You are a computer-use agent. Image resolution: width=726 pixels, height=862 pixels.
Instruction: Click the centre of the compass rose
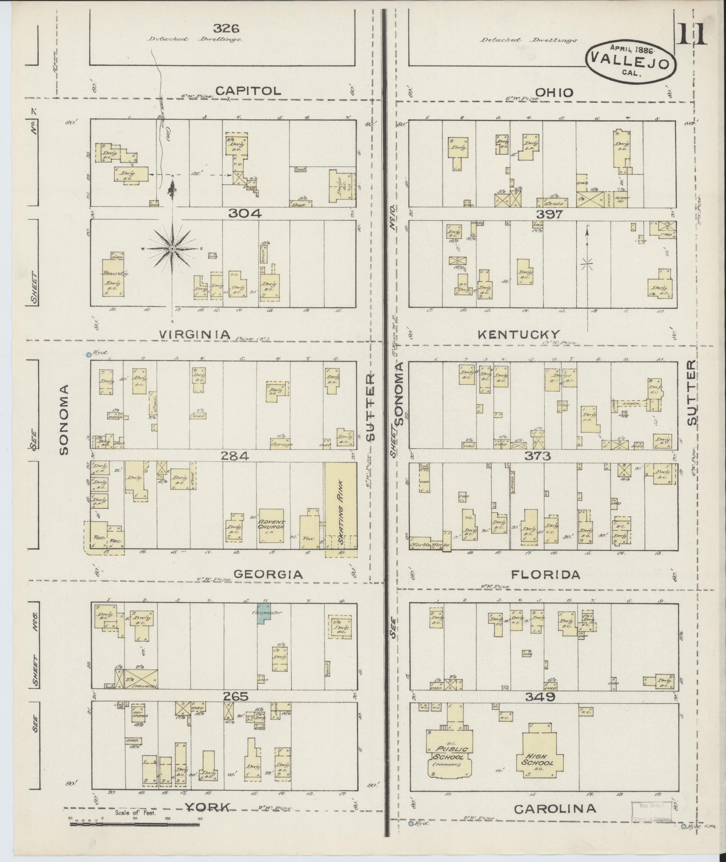coord(172,249)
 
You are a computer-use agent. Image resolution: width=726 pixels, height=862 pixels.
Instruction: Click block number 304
coord(244,214)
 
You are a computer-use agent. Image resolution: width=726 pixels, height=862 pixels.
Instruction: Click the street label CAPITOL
coord(248,91)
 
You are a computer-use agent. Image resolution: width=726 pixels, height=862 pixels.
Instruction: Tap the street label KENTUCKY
coord(519,334)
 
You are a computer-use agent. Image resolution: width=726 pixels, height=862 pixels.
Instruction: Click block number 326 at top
coord(226,28)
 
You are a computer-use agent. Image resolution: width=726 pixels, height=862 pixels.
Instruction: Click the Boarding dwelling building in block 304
coord(112,278)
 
